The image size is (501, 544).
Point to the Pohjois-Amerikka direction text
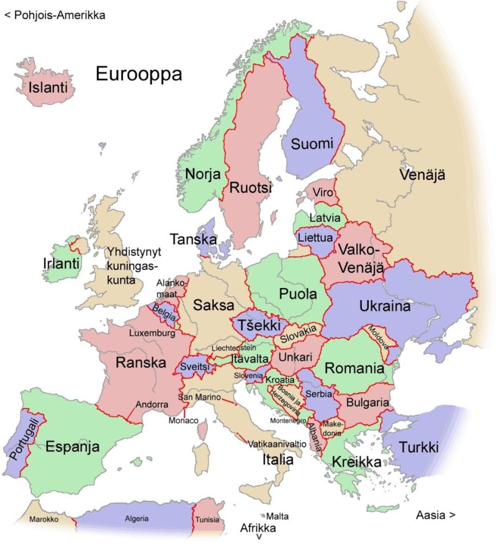[54, 15]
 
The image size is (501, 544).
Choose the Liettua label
[315, 238]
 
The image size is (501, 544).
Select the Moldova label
[377, 338]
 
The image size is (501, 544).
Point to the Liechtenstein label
[234, 347]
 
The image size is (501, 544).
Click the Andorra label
[148, 405]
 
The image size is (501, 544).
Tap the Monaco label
[183, 421]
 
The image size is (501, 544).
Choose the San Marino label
[199, 397]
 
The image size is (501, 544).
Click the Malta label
[277, 516]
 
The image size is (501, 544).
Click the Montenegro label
[288, 420]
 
